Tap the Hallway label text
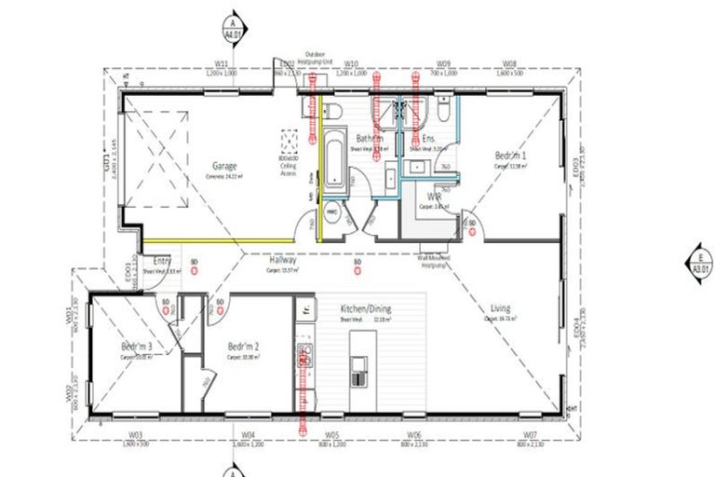(x=283, y=262)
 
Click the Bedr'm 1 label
(x=510, y=156)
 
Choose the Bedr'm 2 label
(x=243, y=347)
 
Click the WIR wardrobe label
(x=434, y=197)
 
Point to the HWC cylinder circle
(x=331, y=211)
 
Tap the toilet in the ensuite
(x=446, y=111)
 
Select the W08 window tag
(x=509, y=64)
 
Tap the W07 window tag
(x=529, y=435)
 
